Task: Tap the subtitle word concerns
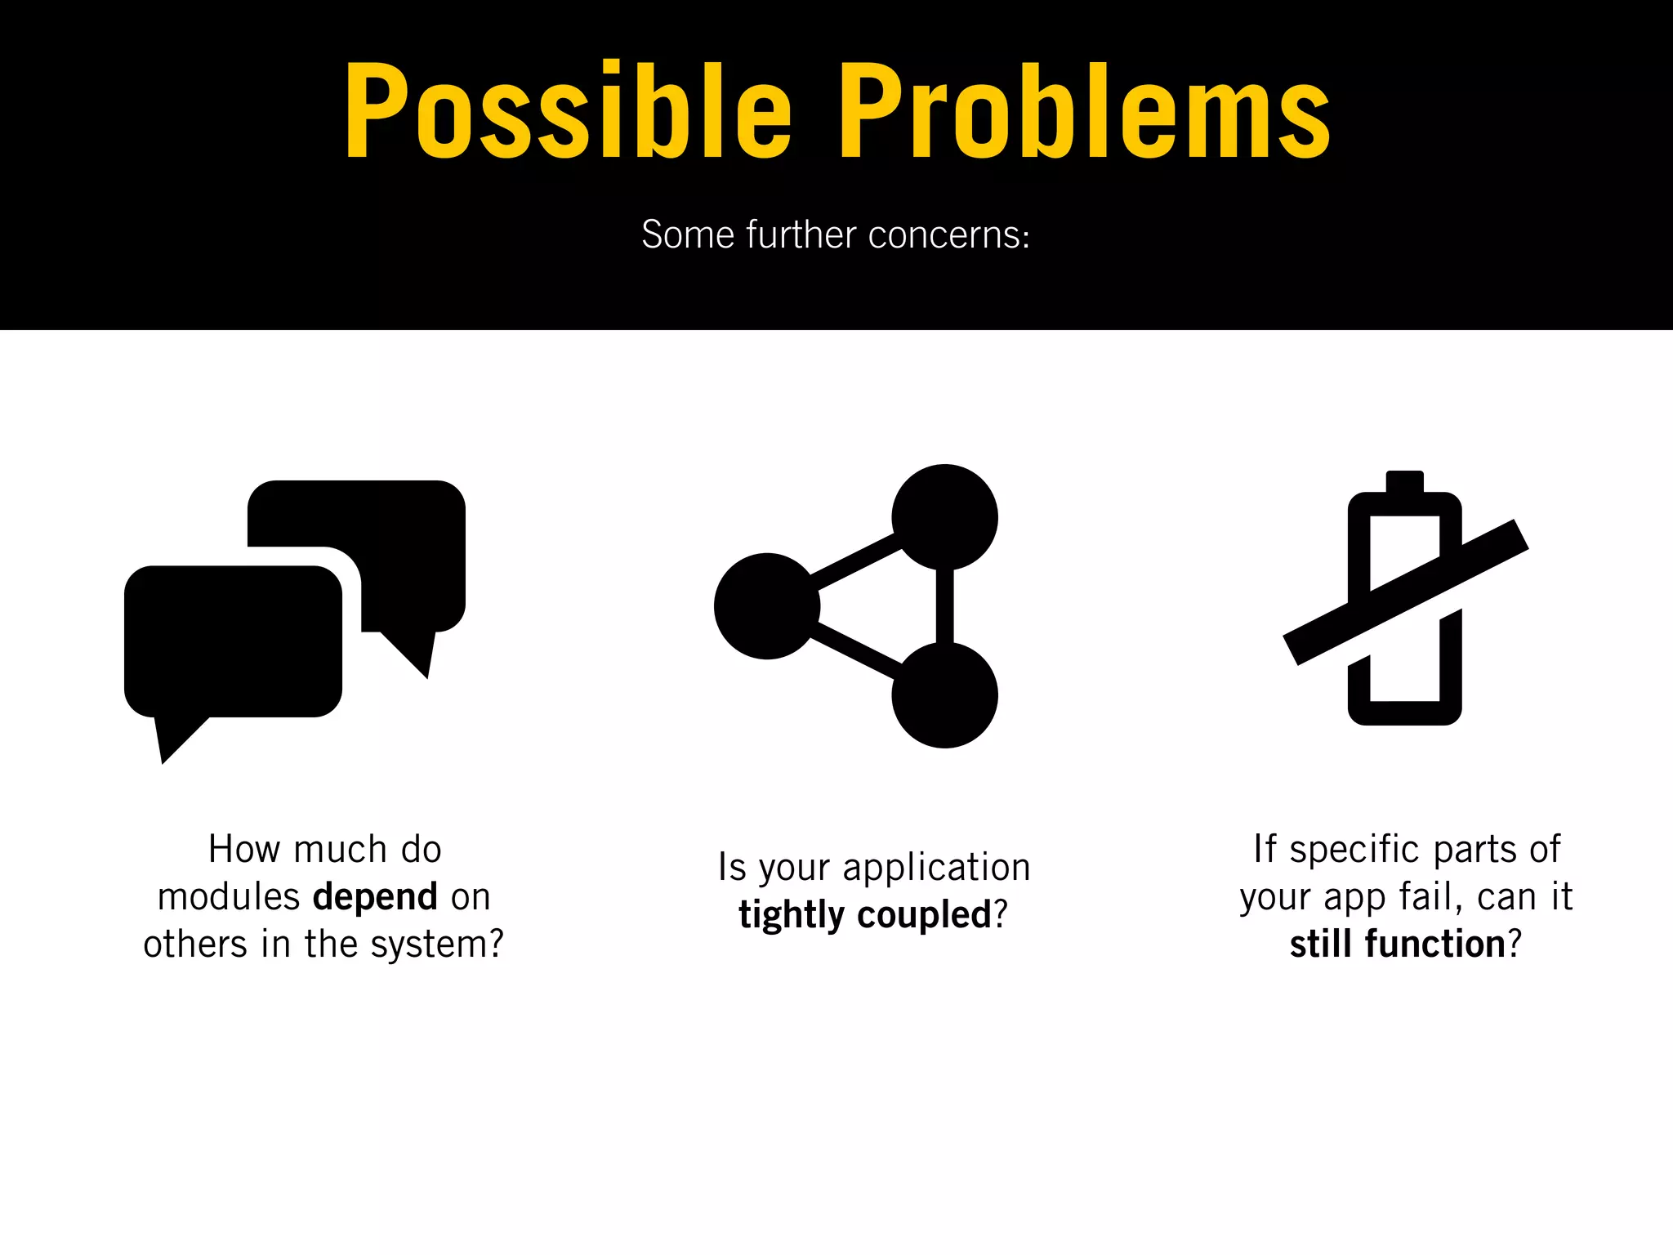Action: [948, 235]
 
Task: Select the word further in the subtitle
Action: [801, 234]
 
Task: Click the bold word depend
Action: [375, 898]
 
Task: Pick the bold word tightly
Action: [791, 915]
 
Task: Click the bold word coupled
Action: [923, 915]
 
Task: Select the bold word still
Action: [1320, 945]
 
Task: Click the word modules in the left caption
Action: [229, 898]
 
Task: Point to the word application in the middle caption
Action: [936, 868]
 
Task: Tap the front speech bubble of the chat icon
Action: [233, 641]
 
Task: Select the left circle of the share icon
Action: [766, 606]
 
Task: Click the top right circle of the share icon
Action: [944, 517]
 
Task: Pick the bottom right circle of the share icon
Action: [944, 695]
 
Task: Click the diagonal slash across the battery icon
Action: [1405, 592]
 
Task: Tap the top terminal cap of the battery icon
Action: [1405, 480]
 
